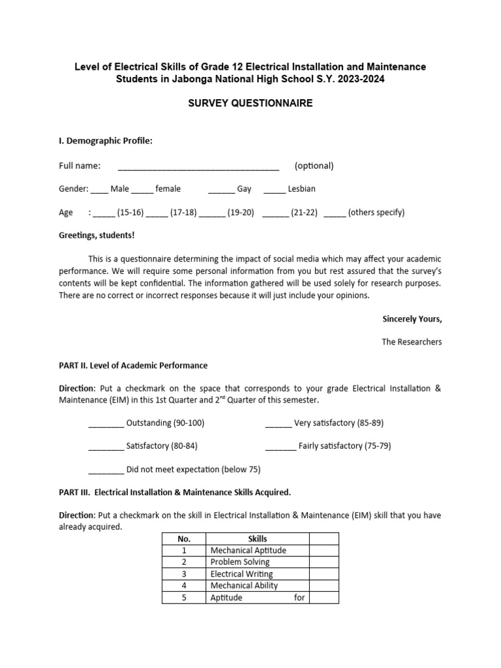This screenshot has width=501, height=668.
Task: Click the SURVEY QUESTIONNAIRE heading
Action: [250, 103]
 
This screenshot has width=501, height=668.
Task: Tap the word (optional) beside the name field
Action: [314, 166]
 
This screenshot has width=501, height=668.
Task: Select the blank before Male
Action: [99, 190]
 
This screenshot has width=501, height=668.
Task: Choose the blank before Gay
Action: [221, 190]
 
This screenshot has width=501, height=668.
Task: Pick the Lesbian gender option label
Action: [301, 189]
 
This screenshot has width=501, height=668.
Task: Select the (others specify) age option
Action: [376, 213]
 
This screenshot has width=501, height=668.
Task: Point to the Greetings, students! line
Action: [97, 235]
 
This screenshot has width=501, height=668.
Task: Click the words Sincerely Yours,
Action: [412, 319]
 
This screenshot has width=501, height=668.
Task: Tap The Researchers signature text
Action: [412, 342]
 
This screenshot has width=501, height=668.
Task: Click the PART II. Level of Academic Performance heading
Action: [133, 365]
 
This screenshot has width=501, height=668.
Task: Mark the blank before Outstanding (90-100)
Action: [106, 425]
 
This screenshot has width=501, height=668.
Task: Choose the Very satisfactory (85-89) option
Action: [339, 423]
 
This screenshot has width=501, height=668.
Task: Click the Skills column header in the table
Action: [258, 539]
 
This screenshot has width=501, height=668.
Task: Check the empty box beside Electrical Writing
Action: [324, 574]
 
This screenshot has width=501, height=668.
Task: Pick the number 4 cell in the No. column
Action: [184, 586]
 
